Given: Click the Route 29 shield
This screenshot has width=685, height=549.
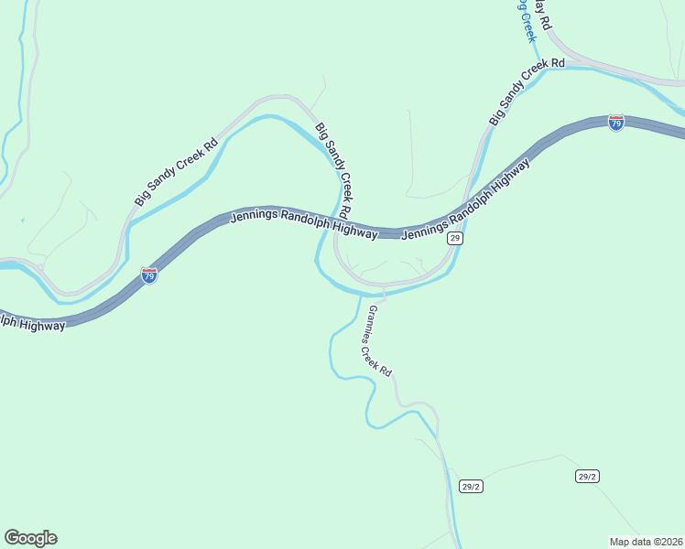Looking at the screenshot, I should [x=454, y=238].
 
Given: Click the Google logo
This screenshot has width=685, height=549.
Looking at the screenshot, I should [x=30, y=538].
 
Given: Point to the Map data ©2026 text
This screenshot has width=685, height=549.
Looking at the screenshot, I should [x=646, y=541].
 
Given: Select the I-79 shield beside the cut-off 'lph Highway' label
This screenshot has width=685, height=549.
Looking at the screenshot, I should [x=149, y=274].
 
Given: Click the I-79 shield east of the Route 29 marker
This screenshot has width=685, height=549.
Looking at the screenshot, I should [x=616, y=123].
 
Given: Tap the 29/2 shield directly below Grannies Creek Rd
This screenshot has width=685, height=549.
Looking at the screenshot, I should [x=471, y=486].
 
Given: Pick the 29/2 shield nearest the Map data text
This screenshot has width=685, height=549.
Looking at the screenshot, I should [x=587, y=476].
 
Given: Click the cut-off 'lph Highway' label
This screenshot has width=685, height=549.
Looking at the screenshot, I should [x=33, y=322].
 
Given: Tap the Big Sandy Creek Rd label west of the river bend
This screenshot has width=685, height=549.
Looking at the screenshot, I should [x=176, y=172].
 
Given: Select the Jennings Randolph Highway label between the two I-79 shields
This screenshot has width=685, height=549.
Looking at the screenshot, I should [x=303, y=223].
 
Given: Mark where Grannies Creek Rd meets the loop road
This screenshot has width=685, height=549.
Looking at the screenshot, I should [x=383, y=289].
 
